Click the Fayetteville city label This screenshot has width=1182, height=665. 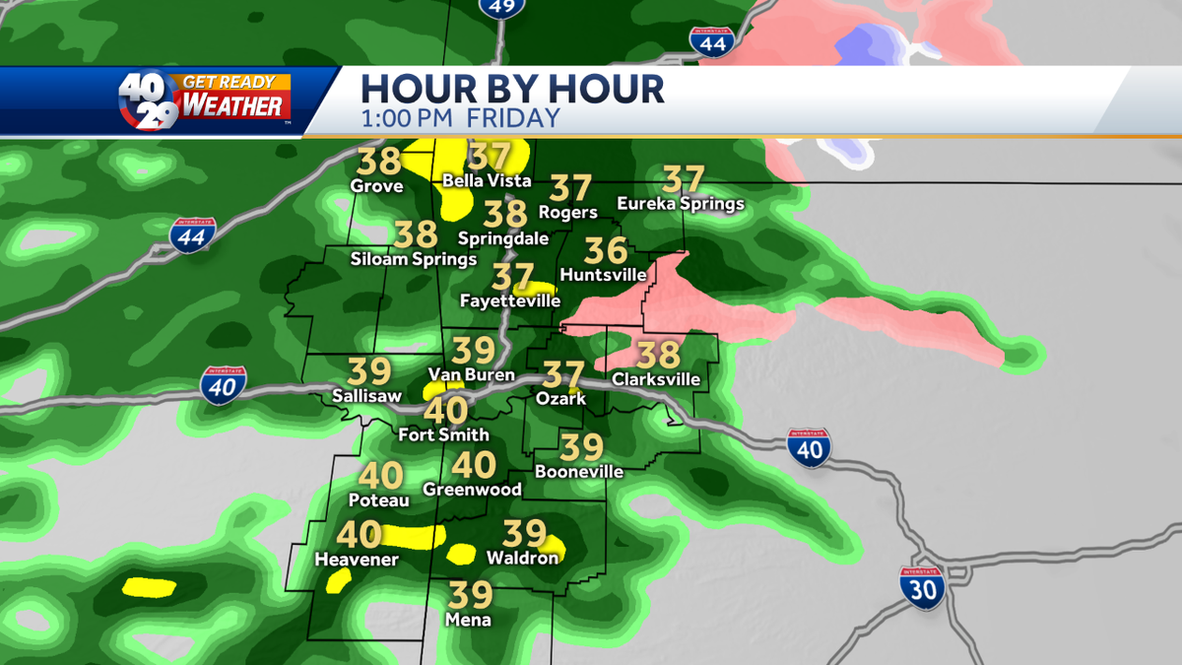510,300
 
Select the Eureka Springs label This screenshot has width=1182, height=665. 680,204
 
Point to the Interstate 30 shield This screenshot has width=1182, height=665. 922,588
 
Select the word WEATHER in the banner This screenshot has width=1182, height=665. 233,105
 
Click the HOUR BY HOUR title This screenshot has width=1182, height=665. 512,89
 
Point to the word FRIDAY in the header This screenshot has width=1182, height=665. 513,119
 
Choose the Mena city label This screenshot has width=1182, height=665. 467,620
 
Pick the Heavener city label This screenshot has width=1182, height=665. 356,560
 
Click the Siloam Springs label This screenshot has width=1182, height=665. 414,259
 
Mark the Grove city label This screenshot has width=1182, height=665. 377,185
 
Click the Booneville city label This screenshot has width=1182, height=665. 578,472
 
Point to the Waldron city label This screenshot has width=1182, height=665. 522,558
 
